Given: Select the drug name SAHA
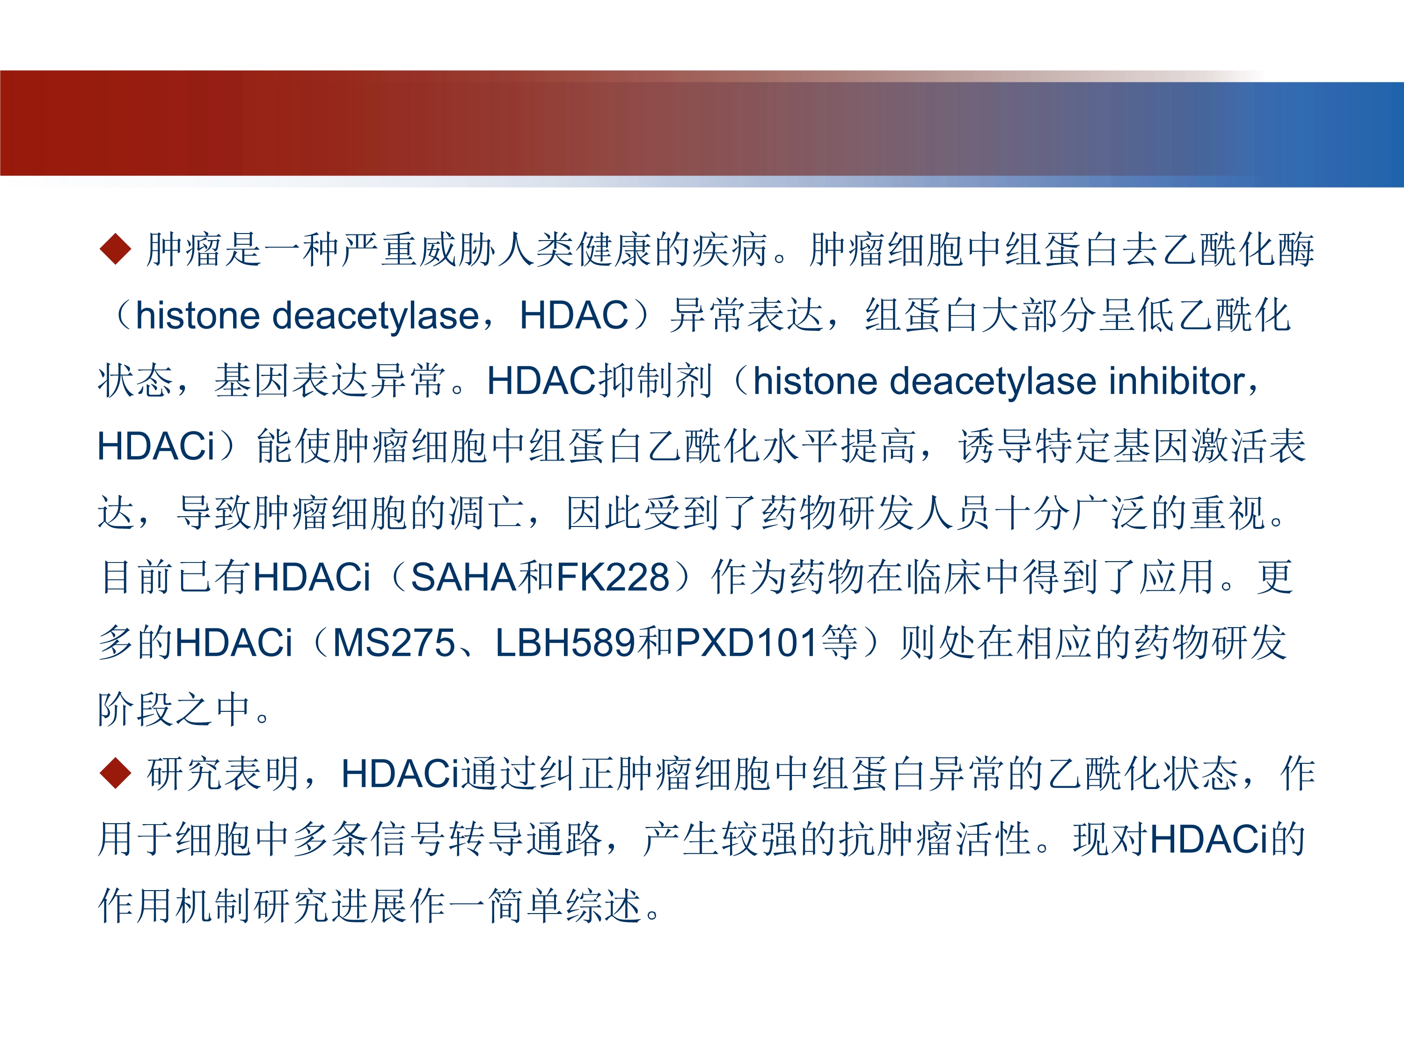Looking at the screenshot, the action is pyautogui.click(x=463, y=577).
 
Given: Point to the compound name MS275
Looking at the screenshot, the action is pyautogui.click(x=394, y=643).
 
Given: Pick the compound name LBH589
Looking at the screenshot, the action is pyautogui.click(x=565, y=643).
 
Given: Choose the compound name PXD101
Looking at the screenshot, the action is pyautogui.click(x=746, y=643).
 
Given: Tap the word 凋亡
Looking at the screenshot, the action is pyautogui.click(x=487, y=512).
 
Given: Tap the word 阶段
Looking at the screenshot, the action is pyautogui.click(x=136, y=709).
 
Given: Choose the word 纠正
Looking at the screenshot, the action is pyautogui.click(x=576, y=773).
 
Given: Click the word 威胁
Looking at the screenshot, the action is pyautogui.click(x=458, y=249).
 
